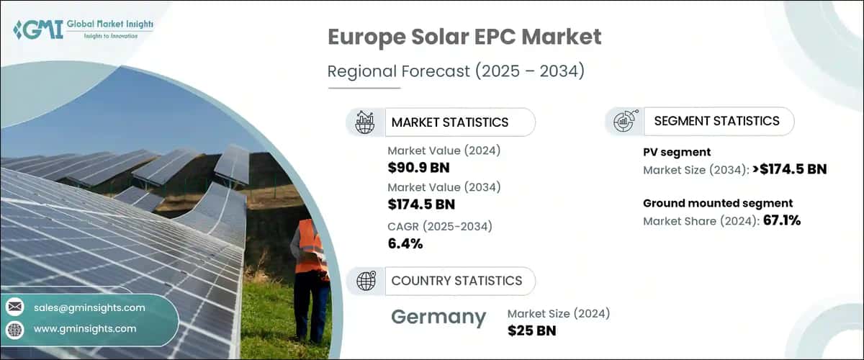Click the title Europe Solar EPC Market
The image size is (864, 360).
pos(464,37)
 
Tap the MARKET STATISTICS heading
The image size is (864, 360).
pos(449,122)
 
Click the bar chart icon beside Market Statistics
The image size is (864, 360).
pos(365,122)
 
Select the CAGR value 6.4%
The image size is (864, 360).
pos(405,243)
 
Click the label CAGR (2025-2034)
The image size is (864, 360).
pos(440,226)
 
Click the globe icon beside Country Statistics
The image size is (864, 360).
pos(366,281)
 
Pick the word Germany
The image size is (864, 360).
pos(438,317)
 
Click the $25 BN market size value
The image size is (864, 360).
pos(531,330)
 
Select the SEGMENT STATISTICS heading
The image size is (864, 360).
pos(716,121)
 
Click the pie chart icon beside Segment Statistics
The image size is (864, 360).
pos(623,122)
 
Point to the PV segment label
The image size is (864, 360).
pos(677,152)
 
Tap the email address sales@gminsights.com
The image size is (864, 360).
pos(89,307)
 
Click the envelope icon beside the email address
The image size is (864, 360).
pos(14,307)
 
